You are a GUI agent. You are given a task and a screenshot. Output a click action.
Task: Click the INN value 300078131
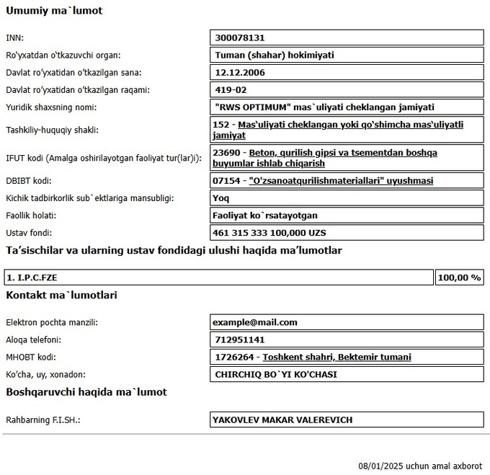coord(241,37)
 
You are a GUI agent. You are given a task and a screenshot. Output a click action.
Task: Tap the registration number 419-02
coord(231,90)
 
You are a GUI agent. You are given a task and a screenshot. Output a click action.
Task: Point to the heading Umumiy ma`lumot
coord(54,11)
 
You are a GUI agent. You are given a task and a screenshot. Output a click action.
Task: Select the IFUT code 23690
coord(227,153)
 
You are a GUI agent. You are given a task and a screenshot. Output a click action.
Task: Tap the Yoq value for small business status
coord(223,197)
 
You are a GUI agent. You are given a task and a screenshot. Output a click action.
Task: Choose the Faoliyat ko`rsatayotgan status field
coord(266,215)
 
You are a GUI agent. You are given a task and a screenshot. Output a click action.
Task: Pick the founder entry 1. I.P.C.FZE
coord(32,278)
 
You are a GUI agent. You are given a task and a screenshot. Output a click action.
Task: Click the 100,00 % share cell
coord(459,278)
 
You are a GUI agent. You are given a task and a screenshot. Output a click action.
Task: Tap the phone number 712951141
coord(239,339)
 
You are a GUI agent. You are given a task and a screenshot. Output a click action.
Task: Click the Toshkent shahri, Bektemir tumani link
coord(337,357)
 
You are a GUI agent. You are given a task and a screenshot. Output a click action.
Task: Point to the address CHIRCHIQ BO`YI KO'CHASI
coord(276,374)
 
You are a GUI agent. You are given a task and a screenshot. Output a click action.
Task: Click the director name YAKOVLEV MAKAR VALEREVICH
coord(282,419)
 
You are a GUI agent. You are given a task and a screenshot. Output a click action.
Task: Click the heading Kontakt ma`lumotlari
coord(61,295)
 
